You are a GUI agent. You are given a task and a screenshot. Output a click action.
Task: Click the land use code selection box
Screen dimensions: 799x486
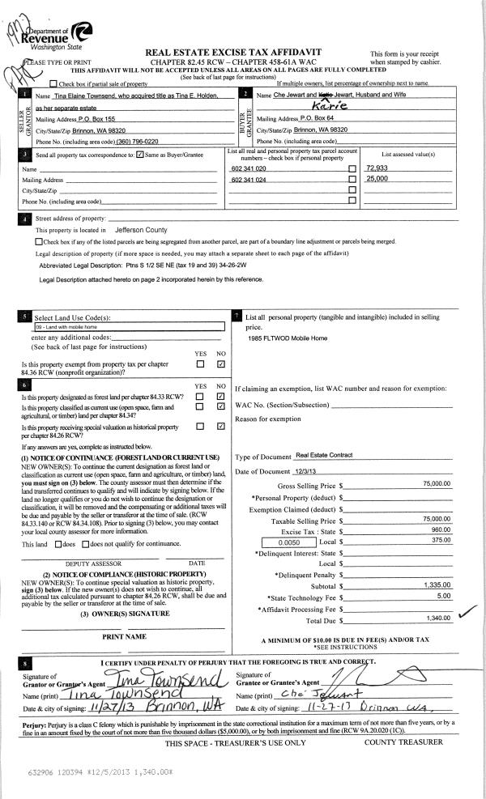(x=127, y=327)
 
